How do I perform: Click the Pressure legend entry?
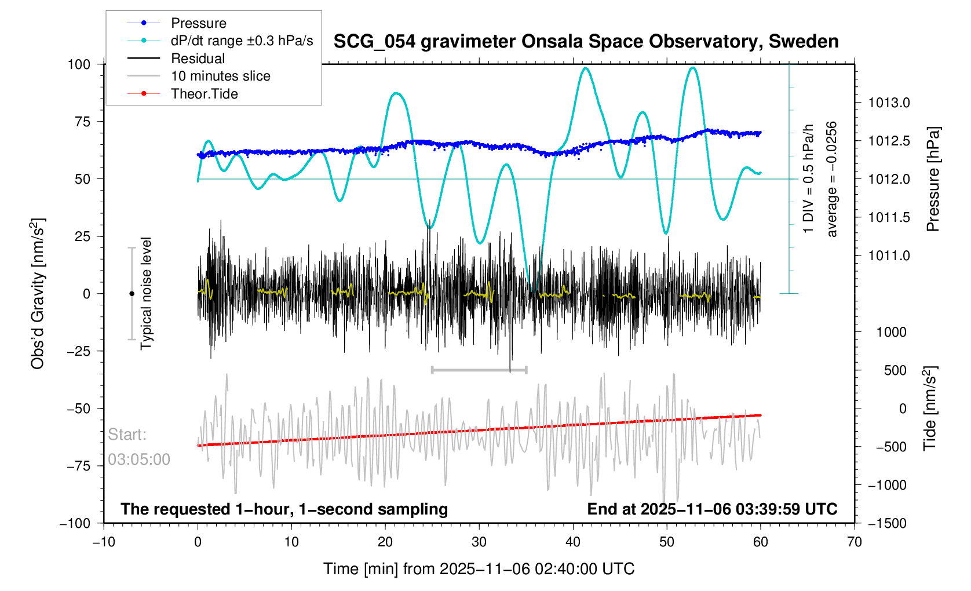click(198, 23)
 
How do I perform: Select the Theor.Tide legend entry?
click(204, 94)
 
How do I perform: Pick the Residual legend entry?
click(198, 59)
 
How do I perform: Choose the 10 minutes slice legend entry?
click(220, 76)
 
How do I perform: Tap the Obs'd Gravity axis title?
click(38, 294)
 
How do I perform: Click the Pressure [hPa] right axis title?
click(933, 179)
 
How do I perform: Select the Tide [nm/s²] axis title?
click(930, 408)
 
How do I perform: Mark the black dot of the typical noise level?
click(132, 294)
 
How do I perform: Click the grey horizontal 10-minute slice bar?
click(479, 370)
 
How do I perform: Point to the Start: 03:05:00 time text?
click(139, 447)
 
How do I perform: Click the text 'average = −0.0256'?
click(832, 179)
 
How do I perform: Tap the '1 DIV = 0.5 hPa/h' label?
click(808, 179)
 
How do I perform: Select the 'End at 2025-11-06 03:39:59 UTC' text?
click(712, 509)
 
